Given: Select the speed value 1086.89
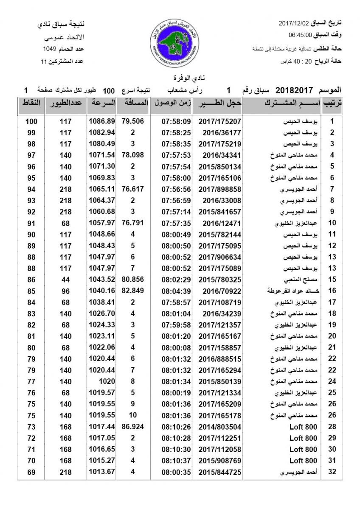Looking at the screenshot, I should coord(102,121).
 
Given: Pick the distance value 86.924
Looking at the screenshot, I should coord(133,426).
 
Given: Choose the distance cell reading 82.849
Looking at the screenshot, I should coord(133,291).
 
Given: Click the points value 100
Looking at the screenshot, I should coord(31,121).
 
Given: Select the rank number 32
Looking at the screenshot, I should coord(332,472).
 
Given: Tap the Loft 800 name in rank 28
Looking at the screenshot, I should coord(303,426).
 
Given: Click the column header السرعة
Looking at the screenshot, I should coord(101,103).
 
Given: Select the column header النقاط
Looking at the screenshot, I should coord(31,103).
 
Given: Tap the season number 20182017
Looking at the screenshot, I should coord(294,90).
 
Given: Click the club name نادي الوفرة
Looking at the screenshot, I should coord(180,79).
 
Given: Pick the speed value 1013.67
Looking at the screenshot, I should coord(102,472).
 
